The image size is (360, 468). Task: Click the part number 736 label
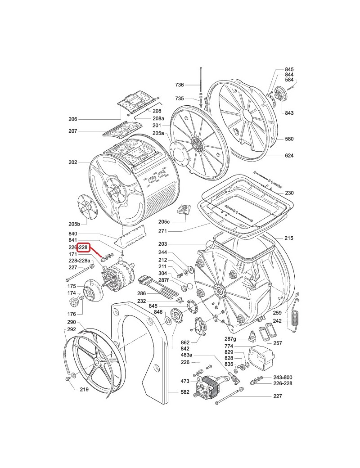pos(180,85)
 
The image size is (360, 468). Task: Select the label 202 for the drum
pos(73,162)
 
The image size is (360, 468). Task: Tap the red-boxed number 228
pos(83,247)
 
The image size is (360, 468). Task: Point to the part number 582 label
pos(185,391)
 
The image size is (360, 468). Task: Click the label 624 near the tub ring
pos(289,156)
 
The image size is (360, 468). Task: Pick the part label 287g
pos(230,339)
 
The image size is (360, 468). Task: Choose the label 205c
pos(164,222)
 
